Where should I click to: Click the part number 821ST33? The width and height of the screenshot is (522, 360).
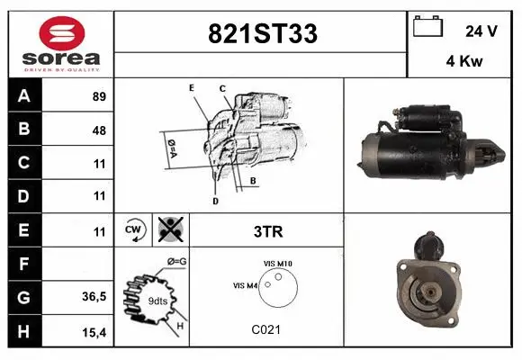point(262,33)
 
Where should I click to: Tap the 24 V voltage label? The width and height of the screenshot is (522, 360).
point(481,31)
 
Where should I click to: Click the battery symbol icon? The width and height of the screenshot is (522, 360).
point(427,27)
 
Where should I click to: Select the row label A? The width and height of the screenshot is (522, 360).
point(23,96)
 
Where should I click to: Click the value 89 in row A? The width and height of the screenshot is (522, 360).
point(99,96)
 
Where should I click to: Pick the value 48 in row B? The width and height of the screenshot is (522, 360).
point(99,130)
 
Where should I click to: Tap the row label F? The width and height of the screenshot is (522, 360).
point(23,263)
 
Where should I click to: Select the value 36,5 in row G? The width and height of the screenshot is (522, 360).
point(95,296)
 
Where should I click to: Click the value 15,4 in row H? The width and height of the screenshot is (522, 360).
point(95,331)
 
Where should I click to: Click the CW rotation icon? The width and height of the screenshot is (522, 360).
point(134,230)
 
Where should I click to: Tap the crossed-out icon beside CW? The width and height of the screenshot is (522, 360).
point(168,230)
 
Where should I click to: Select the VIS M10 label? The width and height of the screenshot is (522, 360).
point(278,263)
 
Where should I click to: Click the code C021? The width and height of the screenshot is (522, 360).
point(266,329)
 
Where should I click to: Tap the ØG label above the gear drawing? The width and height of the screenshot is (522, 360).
point(176,261)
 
